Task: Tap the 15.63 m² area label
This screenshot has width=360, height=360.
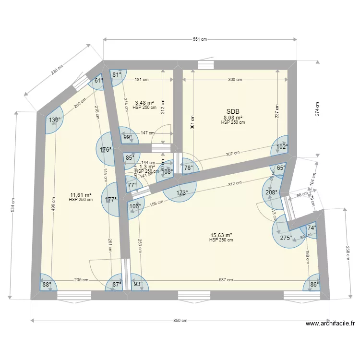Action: pos(221,235)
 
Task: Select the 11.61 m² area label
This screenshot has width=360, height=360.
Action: pos(81,195)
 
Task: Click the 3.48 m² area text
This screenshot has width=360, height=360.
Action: pos(144,103)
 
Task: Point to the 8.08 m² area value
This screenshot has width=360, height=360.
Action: pos(233,117)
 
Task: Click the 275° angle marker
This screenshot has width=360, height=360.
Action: pos(286,237)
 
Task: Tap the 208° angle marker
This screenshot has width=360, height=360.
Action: pos(272,192)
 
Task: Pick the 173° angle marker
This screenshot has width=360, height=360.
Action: pos(180,193)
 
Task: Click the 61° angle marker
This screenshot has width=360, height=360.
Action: pos(98,81)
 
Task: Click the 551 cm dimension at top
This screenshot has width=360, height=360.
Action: pos(200,40)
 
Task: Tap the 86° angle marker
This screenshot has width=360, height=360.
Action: pos(314,284)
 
